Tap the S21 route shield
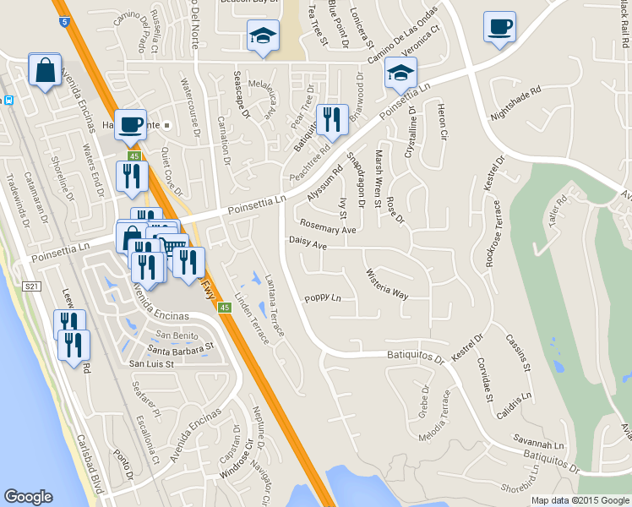click(x=32, y=287)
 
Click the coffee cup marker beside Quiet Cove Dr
click(x=130, y=125)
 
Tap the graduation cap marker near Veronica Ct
click(x=400, y=74)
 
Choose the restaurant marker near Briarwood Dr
click(x=331, y=121)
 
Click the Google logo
click(x=28, y=497)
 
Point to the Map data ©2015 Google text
click(x=580, y=500)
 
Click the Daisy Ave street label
click(x=308, y=243)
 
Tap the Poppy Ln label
click(x=323, y=297)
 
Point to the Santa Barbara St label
click(x=181, y=347)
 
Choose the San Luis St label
click(x=151, y=364)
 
